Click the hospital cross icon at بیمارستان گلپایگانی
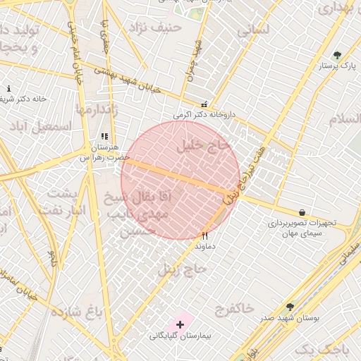pos(180,324)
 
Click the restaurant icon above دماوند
pos(205,236)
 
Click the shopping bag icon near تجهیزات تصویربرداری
pos(302,212)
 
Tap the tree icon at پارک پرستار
pos(337,55)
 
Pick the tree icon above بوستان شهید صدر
pos(290,307)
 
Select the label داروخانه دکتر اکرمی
pos(202,114)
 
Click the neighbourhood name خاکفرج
pos(234,308)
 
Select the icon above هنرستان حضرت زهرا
pos(104,137)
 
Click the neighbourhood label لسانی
pos(253,30)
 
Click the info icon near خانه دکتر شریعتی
pos(8,89)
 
